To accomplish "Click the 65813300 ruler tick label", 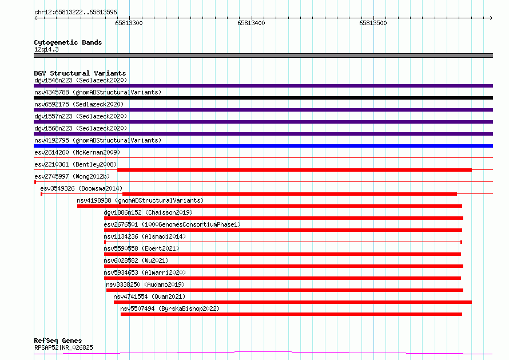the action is tap(129, 23).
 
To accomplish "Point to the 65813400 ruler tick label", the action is tap(251, 23).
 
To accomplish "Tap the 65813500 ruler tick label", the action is tap(373, 23).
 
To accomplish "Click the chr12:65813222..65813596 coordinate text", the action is tap(75, 12).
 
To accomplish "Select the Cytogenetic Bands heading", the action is tap(68, 42).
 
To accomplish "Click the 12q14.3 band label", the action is tap(46, 49).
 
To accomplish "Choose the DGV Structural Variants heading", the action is tap(80, 73).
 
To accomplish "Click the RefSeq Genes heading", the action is tap(58, 341).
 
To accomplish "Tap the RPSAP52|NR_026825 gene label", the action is tap(63, 347).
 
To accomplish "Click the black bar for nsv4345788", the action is tap(263, 98).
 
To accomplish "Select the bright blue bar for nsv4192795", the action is tap(263, 146).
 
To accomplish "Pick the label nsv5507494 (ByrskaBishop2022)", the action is tap(170, 308).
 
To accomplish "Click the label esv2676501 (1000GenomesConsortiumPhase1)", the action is tap(172, 224).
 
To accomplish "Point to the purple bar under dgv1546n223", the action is tap(263, 86).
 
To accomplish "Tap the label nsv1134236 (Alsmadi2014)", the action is tap(145, 236).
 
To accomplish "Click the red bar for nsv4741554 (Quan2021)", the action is tap(293, 302).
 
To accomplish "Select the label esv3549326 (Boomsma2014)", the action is tap(81, 188).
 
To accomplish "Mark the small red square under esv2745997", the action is tap(35, 182).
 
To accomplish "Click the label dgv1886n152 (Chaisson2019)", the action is tap(148, 212).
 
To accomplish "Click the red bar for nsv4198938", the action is tap(269, 206).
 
